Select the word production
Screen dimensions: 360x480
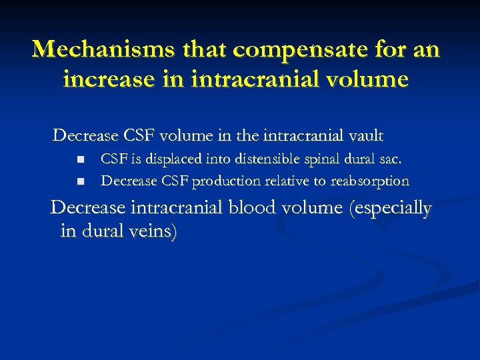[x=227, y=181]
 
